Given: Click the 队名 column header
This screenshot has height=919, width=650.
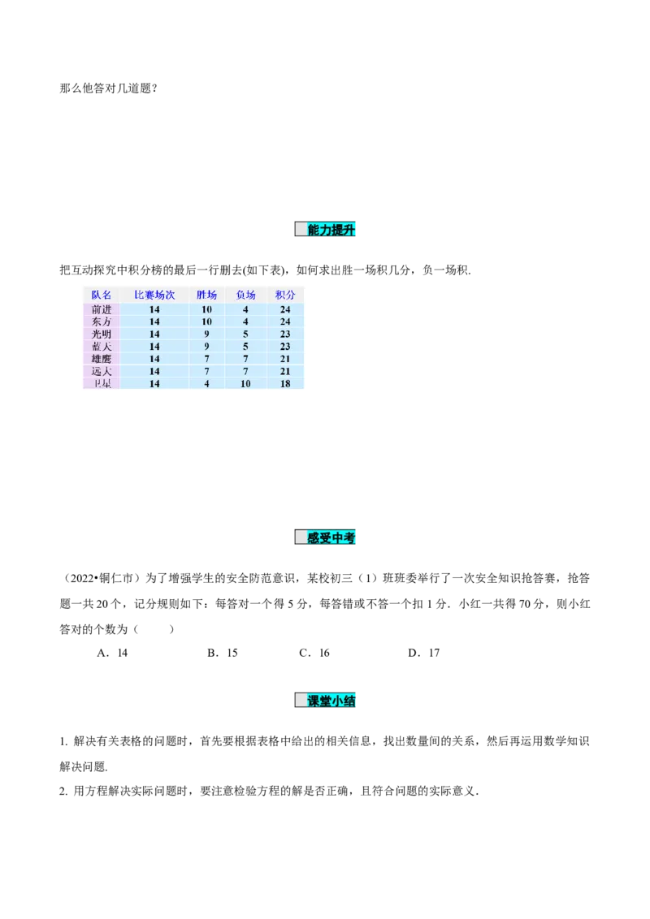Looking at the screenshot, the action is (102, 295).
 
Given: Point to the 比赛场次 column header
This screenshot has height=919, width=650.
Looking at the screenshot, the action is (154, 295).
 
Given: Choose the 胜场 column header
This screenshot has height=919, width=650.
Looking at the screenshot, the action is (207, 295).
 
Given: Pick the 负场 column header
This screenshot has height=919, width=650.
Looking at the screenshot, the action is (245, 295).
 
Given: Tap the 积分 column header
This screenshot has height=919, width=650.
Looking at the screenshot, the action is (285, 295).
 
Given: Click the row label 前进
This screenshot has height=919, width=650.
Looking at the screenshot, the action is (102, 309).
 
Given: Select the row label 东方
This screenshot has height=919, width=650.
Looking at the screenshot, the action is (102, 321).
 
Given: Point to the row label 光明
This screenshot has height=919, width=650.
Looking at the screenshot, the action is (102, 334).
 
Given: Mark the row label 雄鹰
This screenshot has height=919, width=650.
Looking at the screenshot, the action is (102, 358).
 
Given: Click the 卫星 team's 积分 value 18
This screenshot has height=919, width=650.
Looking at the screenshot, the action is (285, 383).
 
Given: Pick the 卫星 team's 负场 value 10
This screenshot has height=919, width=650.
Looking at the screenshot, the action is (245, 383).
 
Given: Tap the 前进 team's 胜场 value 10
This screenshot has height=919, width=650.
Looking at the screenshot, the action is (207, 309).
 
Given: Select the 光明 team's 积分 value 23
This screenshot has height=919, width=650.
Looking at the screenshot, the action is (285, 334).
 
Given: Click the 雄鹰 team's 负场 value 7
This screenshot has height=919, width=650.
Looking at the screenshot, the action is (245, 358).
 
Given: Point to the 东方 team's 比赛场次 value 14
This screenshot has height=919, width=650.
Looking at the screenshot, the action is (154, 321).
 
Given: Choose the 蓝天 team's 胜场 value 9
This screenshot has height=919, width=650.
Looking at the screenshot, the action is (207, 346).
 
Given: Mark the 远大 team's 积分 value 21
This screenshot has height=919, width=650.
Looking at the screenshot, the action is (285, 371).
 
